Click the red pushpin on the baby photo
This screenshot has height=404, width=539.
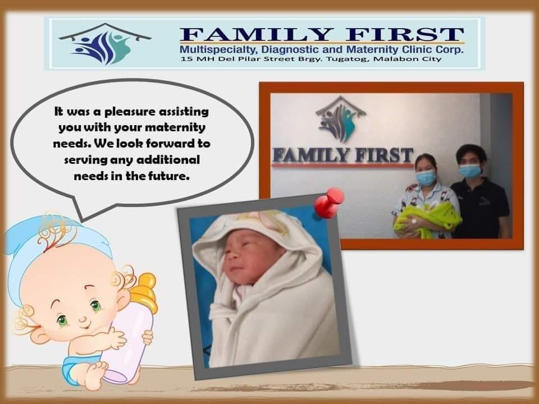coord(328,203)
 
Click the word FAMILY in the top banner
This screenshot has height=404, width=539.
coord(257,35)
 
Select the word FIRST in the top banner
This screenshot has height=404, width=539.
coord(405,35)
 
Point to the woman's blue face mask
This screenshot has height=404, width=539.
coord(426,177)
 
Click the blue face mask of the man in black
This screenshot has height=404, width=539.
coord(471,171)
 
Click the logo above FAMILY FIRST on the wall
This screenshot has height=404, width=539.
coord(340,119)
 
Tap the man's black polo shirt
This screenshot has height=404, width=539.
coord(480,209)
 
